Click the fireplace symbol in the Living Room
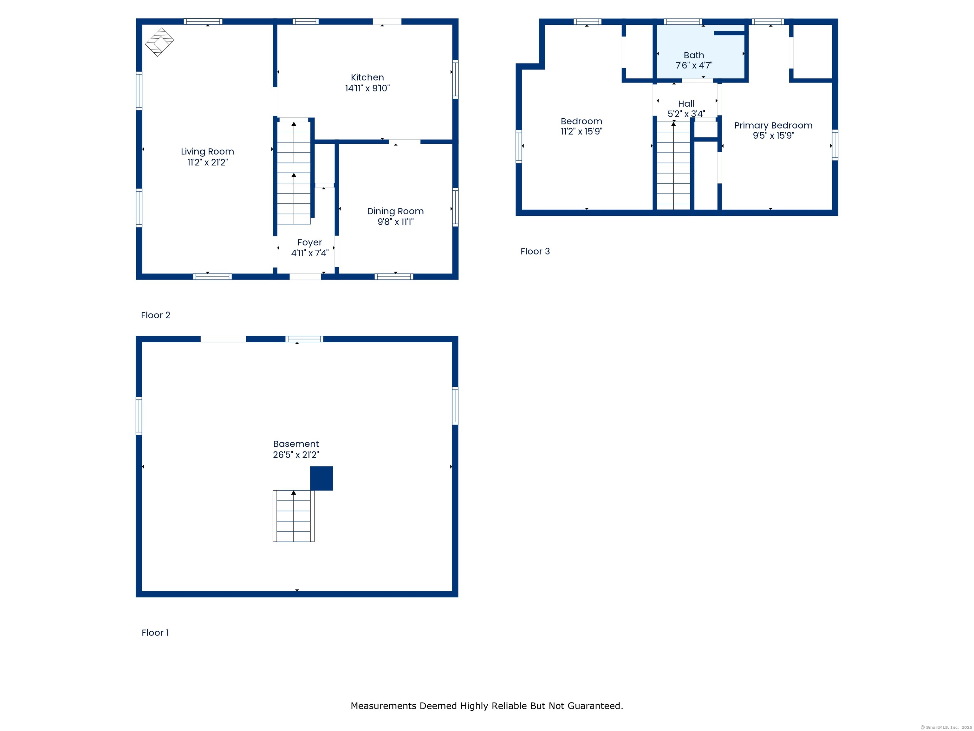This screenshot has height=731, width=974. click(159, 42)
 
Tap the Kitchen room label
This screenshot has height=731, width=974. click(367, 77)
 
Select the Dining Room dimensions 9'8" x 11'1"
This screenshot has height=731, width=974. click(395, 222)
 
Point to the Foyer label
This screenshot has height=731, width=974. click(309, 242)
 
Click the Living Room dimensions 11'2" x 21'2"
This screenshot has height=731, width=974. click(207, 162)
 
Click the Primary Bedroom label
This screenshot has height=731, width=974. click(773, 126)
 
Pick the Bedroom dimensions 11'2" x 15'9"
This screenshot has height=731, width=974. click(581, 131)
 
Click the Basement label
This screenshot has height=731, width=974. click(296, 444)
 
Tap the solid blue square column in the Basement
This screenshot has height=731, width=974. click(321, 478)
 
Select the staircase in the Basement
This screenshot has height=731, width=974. click(294, 516)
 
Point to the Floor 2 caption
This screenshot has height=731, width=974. click(155, 315)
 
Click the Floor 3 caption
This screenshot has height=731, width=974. click(535, 251)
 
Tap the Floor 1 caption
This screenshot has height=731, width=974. click(155, 633)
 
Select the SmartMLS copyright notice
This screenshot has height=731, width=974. click(946, 728)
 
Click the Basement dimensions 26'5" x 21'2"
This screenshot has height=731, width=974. click(296, 455)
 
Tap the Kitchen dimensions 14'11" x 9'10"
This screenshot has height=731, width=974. click(367, 88)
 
